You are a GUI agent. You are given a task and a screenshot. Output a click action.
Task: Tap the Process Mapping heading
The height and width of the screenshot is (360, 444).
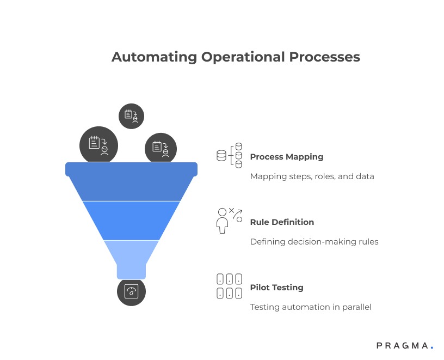[x=286, y=157]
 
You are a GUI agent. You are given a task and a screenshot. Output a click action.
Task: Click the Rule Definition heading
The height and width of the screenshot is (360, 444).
[x=282, y=222]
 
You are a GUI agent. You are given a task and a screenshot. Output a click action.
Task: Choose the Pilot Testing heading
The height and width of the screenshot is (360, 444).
[x=276, y=288]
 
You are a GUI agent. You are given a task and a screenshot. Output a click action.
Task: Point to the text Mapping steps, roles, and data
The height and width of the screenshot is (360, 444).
[x=312, y=176]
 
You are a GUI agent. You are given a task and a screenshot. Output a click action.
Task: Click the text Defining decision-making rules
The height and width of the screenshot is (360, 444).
[x=314, y=242]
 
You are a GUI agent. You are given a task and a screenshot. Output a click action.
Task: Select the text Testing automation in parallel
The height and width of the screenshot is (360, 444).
[x=311, y=307]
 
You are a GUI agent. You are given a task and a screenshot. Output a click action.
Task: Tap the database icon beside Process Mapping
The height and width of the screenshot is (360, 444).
[x=229, y=156]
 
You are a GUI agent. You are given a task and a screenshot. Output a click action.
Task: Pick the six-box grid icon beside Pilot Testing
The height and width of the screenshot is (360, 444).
[x=229, y=286]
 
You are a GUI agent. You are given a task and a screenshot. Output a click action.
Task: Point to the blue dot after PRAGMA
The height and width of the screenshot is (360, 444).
[x=431, y=346]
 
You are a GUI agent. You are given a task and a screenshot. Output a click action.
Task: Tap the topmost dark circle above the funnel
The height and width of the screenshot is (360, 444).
[x=131, y=116]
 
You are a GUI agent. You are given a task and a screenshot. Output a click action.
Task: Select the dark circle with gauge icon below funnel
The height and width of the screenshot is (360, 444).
[x=131, y=292]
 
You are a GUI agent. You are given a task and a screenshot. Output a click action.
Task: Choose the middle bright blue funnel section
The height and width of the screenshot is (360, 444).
[x=131, y=221]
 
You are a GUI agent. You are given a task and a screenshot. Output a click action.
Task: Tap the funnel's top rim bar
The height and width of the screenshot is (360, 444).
[x=131, y=169]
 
